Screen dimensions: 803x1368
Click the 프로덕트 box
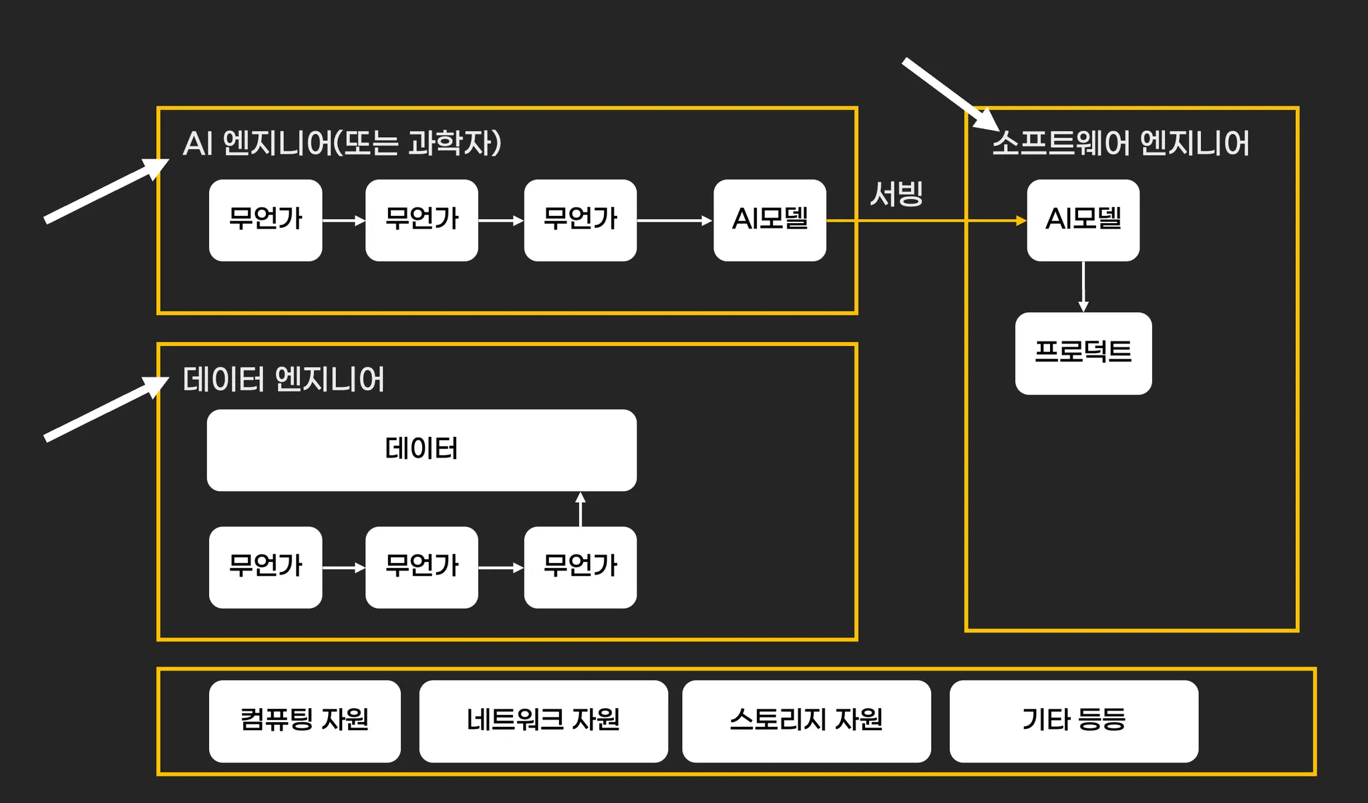1083,353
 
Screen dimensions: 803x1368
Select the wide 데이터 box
421,450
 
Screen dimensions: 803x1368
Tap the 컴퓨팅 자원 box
305,720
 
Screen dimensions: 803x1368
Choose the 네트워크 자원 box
543,720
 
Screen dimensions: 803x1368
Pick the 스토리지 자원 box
806,720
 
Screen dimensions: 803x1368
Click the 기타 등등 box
1073,720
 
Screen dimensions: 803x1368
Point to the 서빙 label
896,194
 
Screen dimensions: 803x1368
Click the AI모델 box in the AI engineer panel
769,220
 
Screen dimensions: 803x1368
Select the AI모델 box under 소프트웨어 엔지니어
1083,220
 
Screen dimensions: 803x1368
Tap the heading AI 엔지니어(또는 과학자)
341,143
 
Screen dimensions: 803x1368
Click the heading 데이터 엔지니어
283,379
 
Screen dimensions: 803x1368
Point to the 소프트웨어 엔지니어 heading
1120,143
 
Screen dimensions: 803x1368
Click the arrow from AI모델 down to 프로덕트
1083,287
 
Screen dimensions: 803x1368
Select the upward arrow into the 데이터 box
580,509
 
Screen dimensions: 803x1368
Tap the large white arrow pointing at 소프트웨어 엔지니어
949,94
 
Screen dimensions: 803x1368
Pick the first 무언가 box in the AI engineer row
265,220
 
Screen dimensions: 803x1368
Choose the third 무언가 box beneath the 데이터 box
580,567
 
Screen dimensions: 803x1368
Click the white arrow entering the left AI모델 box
675,220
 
